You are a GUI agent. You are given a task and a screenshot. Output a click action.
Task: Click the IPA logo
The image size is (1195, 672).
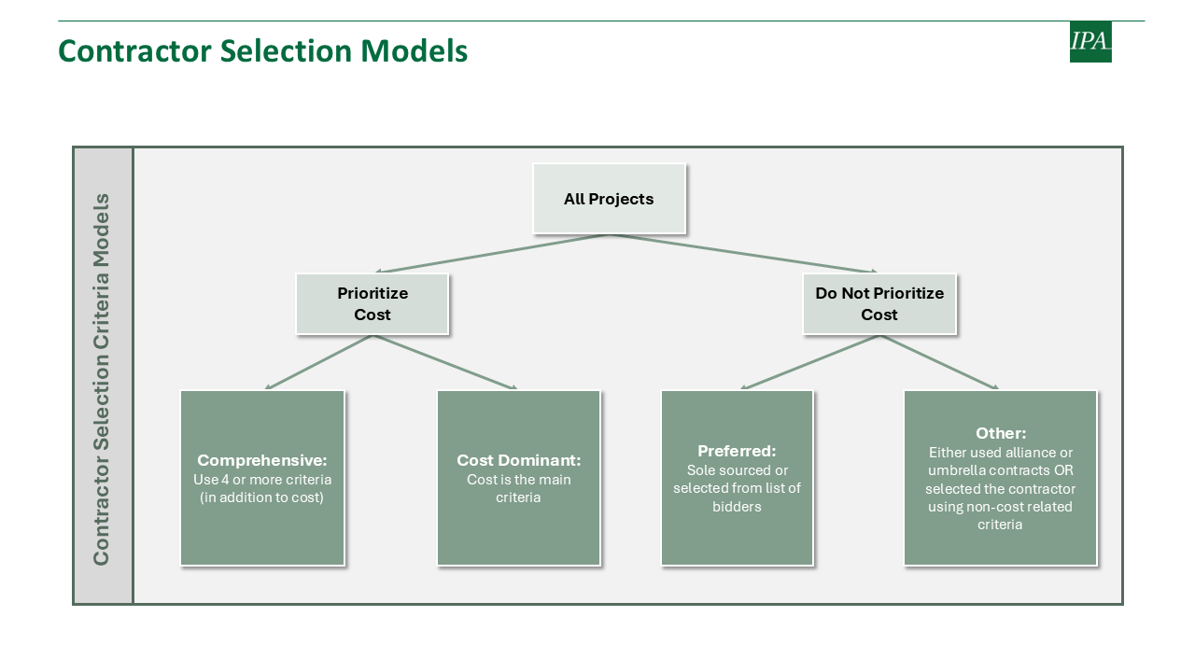click(x=1090, y=42)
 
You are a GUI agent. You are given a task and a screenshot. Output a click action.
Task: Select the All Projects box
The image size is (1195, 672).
click(x=610, y=199)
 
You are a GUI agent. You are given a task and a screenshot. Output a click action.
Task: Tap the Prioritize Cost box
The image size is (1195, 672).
click(x=373, y=304)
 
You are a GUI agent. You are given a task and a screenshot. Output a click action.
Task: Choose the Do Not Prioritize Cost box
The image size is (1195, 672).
click(x=879, y=304)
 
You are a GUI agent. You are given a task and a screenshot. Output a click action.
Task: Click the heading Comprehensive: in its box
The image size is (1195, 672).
click(x=262, y=460)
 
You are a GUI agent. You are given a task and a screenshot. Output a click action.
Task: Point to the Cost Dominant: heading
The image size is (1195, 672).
click(x=518, y=460)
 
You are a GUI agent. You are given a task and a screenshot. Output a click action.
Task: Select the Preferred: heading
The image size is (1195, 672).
click(x=737, y=451)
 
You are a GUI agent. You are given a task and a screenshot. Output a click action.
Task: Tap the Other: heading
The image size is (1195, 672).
click(x=1001, y=433)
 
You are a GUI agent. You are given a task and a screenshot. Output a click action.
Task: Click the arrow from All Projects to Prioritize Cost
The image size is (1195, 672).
click(x=492, y=253)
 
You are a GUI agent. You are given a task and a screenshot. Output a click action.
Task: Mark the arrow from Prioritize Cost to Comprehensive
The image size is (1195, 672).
click(x=318, y=362)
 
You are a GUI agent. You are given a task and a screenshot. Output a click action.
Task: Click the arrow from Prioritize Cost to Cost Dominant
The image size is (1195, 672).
click(x=445, y=362)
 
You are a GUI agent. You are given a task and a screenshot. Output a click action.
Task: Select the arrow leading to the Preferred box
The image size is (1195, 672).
click(x=809, y=362)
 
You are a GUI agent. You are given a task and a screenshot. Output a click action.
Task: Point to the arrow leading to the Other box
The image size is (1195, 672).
click(x=939, y=362)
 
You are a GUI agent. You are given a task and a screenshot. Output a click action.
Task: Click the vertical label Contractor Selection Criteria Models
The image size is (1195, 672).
click(x=102, y=379)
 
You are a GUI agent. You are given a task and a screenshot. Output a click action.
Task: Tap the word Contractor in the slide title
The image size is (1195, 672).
click(x=135, y=51)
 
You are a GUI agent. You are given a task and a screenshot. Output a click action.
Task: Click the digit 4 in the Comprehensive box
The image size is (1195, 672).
click(x=225, y=480)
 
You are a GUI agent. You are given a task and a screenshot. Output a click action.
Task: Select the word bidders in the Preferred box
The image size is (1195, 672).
click(x=737, y=507)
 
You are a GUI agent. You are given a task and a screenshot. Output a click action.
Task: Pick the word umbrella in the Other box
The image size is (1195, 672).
click(x=957, y=470)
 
